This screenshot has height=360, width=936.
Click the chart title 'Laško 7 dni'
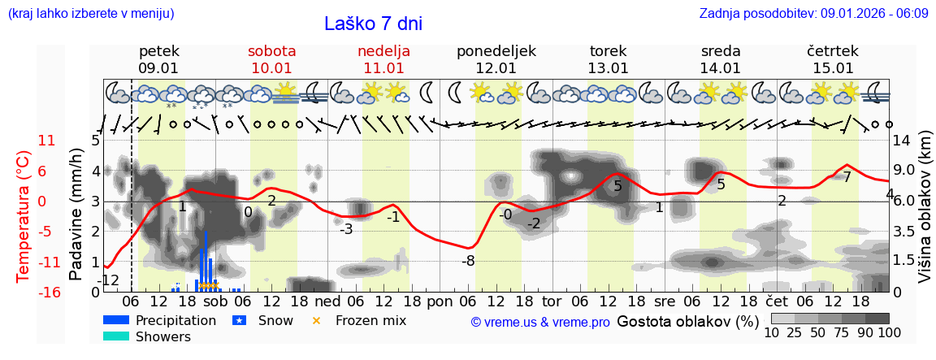pos(373,24)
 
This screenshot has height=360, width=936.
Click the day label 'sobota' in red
pos(271,50)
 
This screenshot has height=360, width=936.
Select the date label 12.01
pos(496,68)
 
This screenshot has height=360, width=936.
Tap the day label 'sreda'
pos(720,50)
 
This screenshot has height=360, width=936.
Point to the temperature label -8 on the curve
pos(468,261)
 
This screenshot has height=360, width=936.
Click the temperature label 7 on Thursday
pos(847,176)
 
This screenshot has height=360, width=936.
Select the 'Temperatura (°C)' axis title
pos(24,215)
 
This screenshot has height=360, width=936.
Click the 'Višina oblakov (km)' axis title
pos(924,215)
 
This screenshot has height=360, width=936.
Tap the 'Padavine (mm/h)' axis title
pos(76,215)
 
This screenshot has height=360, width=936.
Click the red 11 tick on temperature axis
pos(47,141)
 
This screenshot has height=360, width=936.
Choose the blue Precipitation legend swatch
pos(116,320)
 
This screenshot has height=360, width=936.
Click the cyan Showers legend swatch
pos(116,336)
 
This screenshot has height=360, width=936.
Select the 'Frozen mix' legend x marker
pos(317,320)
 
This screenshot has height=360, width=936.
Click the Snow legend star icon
pos(239,320)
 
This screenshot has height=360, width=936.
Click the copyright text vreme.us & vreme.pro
pos(540,322)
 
